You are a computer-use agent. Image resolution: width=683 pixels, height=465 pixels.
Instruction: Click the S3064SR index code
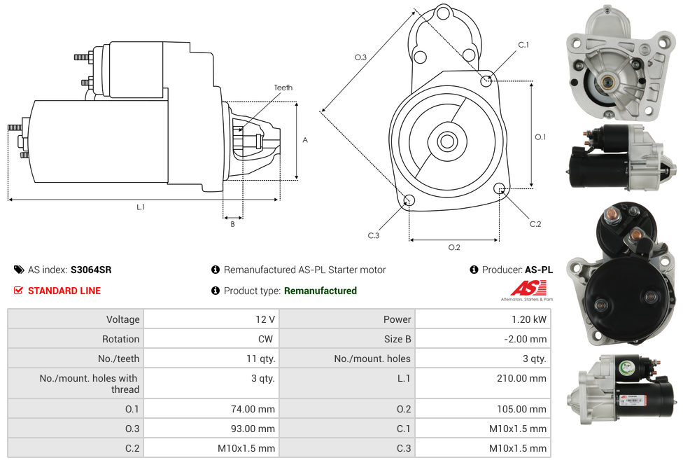point(91,270)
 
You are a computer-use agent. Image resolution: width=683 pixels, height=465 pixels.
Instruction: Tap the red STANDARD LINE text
point(64,291)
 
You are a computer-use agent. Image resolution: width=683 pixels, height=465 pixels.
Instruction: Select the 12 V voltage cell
point(265,319)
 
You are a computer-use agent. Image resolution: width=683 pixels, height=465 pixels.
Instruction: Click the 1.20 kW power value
point(530,319)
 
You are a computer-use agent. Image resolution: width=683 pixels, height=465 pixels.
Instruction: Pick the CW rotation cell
point(268,339)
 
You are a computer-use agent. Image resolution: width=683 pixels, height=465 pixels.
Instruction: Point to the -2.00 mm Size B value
point(526,339)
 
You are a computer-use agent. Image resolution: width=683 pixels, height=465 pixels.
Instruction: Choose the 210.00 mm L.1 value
point(521,378)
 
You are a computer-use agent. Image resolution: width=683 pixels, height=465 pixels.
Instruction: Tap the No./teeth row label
point(118,359)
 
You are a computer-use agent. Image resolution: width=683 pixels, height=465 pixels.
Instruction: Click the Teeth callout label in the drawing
point(283,88)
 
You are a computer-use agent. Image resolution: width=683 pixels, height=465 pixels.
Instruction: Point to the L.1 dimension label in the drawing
point(141,207)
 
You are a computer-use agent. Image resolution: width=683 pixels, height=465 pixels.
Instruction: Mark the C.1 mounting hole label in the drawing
point(523,45)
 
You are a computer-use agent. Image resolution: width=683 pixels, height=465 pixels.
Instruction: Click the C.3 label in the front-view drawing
point(374,235)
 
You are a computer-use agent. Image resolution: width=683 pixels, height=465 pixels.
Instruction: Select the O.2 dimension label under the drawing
point(454,247)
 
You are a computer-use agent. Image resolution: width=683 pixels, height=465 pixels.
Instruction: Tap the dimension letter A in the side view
point(305,140)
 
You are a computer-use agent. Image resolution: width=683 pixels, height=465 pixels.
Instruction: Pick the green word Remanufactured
point(321,291)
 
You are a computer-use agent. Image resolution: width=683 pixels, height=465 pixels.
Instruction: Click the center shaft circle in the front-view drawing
point(446,141)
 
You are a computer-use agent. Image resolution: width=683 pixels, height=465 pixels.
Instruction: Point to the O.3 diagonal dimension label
point(360,57)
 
